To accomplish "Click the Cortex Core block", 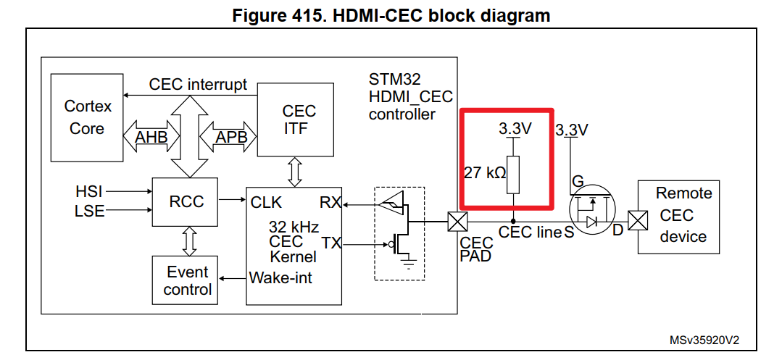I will tap(87, 117).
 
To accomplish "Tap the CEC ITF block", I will tap(296, 120).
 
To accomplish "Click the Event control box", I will tap(187, 281).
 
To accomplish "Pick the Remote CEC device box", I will tap(678, 216).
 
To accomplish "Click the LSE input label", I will tap(89, 211).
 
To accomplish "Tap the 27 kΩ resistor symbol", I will tap(513, 175).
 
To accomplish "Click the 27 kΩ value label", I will tap(485, 174).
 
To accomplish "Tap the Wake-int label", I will tap(280, 277).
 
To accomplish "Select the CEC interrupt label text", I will tap(198, 84).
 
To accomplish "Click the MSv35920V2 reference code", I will tap(709, 340).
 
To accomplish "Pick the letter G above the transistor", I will tap(578, 180).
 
